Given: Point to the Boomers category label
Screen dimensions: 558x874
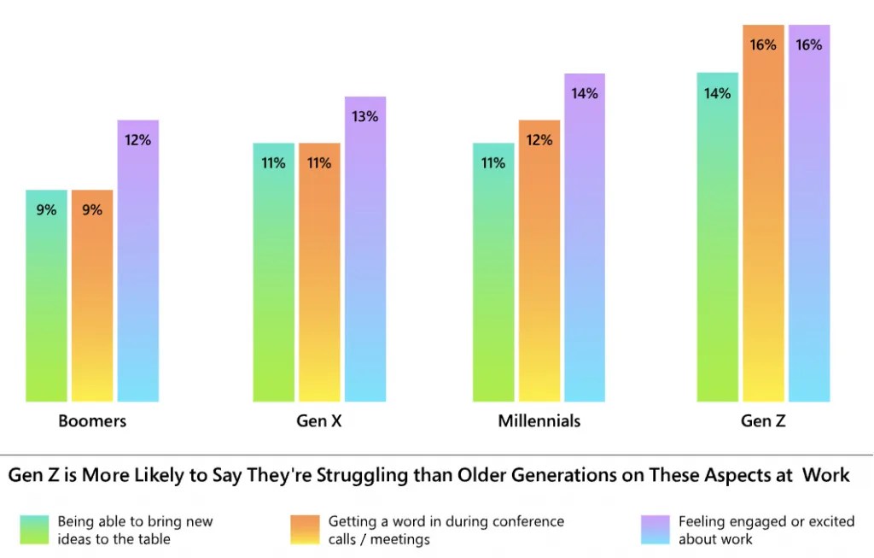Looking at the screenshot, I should click(x=92, y=421).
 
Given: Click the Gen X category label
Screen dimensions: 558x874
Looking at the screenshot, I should click(x=319, y=421).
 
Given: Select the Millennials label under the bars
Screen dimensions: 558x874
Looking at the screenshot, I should click(x=539, y=421).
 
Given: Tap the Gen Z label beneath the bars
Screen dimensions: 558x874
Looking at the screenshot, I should click(x=763, y=421).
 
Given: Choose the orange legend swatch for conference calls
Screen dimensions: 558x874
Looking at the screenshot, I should click(x=301, y=530).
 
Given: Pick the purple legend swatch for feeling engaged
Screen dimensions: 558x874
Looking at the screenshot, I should click(x=653, y=530).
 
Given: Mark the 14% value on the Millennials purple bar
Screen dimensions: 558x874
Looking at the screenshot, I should click(x=585, y=94).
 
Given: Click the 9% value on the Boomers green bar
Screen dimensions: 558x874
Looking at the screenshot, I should click(x=46, y=209).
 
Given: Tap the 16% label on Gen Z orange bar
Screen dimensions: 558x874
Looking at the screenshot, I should click(x=763, y=45).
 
